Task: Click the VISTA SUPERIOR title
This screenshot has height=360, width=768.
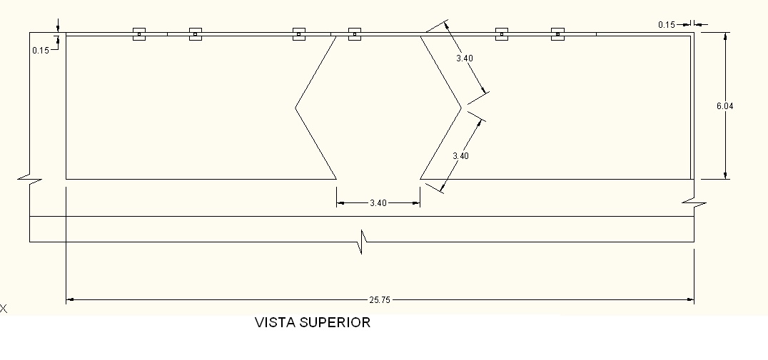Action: tap(313, 322)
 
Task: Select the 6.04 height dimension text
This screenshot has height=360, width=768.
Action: tap(725, 106)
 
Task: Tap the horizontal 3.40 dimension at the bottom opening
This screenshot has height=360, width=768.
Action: tap(378, 203)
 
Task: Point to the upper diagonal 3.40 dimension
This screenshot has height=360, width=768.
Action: tap(465, 58)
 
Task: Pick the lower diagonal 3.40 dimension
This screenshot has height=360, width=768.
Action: tap(461, 155)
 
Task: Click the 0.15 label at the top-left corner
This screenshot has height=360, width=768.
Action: tap(40, 50)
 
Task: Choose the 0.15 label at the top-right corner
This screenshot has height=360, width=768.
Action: tap(666, 25)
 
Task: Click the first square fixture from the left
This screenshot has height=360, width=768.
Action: tap(139, 34)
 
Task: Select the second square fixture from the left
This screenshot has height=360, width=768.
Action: tap(196, 34)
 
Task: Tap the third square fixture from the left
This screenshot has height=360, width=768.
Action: tap(299, 34)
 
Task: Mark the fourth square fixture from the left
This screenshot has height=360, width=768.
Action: tap(355, 34)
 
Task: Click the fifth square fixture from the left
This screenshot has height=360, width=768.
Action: tap(502, 34)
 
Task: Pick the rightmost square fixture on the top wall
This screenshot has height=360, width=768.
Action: tap(558, 34)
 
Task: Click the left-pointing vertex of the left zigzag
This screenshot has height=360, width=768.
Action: tap(295, 108)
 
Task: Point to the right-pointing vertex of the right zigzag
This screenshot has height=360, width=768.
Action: tap(461, 108)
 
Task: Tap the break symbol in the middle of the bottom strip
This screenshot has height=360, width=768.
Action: tap(363, 242)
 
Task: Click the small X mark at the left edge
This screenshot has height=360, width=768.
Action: tap(4, 309)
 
